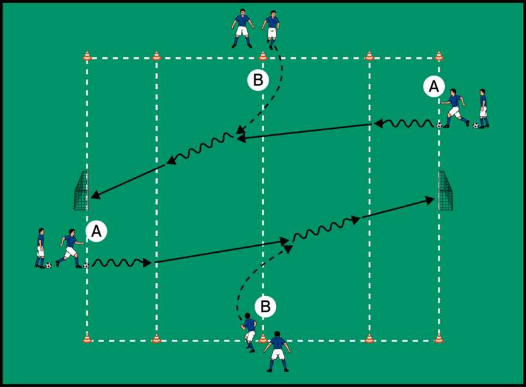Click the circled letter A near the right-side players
pyautogui.click(x=433, y=85)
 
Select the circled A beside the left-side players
pyautogui.click(x=97, y=232)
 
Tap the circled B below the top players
pyautogui.click(x=258, y=80)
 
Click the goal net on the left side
pyautogui.click(x=80, y=191)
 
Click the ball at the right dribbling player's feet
pyautogui.click(x=439, y=125)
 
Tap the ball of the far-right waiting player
pyautogui.click(x=476, y=126)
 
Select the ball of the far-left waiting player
pyautogui.click(x=48, y=265)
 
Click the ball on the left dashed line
pyautogui.click(x=86, y=265)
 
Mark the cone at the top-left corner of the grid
pyautogui.click(x=87, y=56)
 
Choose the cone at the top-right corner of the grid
pyautogui.click(x=439, y=56)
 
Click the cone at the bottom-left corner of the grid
pyautogui.click(x=87, y=337)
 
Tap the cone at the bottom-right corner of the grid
pyautogui.click(x=439, y=337)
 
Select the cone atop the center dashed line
pyautogui.click(x=263, y=56)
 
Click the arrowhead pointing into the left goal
pyautogui.click(x=94, y=195)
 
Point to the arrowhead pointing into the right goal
pyautogui.click(x=433, y=201)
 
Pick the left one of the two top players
pyautogui.click(x=241, y=28)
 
